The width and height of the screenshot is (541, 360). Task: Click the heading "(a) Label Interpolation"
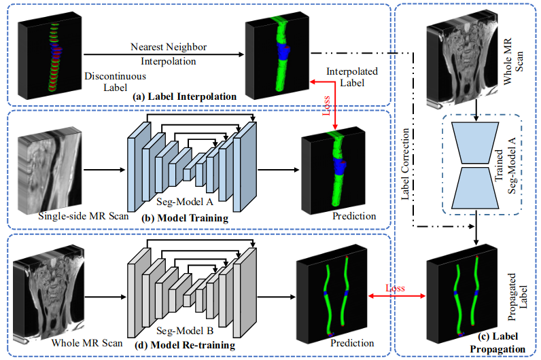click(x=185, y=96)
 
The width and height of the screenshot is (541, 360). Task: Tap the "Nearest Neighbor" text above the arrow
click(x=169, y=47)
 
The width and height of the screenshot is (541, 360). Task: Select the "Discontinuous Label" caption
click(x=116, y=82)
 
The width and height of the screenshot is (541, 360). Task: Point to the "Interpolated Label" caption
click(x=352, y=77)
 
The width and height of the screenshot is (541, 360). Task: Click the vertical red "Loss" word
click(x=326, y=105)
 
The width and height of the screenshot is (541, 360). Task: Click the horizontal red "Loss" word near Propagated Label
click(x=395, y=288)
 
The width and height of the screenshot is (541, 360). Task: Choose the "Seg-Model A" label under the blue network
click(x=185, y=202)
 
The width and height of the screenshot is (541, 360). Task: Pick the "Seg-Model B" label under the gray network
click(x=185, y=331)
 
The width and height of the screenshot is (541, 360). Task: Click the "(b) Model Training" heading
click(x=185, y=218)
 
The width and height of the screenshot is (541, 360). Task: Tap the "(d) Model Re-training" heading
click(x=188, y=345)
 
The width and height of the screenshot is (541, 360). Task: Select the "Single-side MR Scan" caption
click(x=83, y=216)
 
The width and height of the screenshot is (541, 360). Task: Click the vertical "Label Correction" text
click(x=405, y=164)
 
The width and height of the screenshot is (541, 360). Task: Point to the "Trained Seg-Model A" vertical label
click(x=505, y=166)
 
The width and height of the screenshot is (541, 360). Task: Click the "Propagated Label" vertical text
click(x=517, y=297)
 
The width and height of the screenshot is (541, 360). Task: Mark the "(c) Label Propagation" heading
click(x=498, y=342)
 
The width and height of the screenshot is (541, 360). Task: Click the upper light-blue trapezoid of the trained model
click(x=475, y=143)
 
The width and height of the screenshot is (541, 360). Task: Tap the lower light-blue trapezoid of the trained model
click(x=475, y=188)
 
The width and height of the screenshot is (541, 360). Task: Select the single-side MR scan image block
click(x=50, y=170)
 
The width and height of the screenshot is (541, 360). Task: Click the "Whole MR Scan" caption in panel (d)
click(x=87, y=343)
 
